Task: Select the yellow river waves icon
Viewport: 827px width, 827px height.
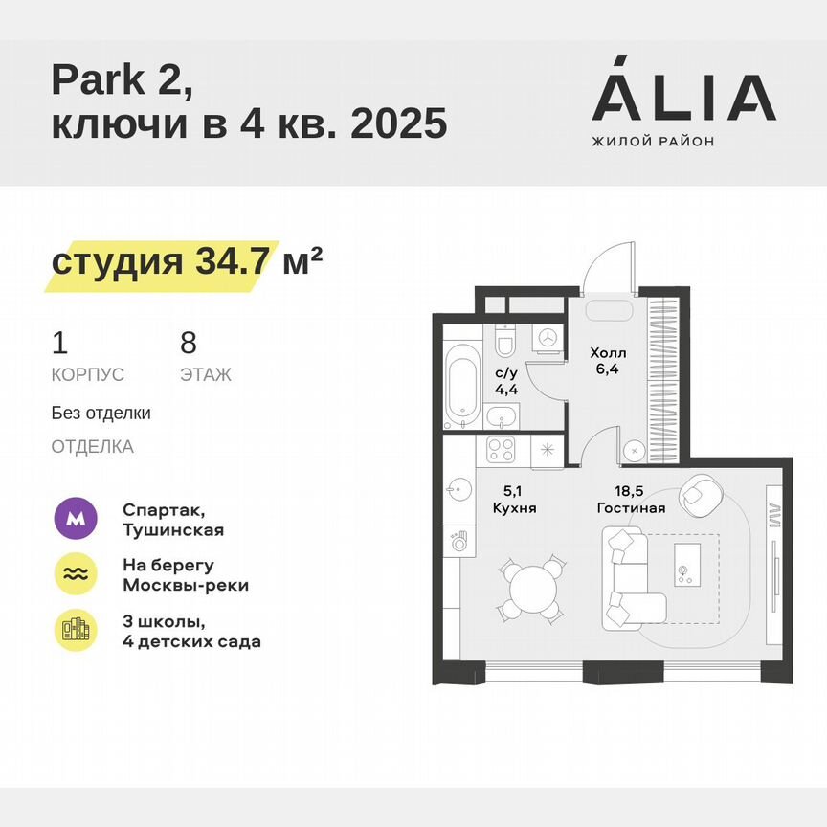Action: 74,574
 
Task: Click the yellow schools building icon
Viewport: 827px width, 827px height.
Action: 74,630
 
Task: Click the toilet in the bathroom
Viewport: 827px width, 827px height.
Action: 504,342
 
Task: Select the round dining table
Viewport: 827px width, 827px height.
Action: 525,589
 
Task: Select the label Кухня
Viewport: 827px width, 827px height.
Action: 514,507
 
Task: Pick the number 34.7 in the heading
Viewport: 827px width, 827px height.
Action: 230,260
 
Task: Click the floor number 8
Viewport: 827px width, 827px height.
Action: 188,342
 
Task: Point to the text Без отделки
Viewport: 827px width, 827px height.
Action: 101,413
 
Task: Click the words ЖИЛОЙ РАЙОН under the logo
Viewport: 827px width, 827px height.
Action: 653,142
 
